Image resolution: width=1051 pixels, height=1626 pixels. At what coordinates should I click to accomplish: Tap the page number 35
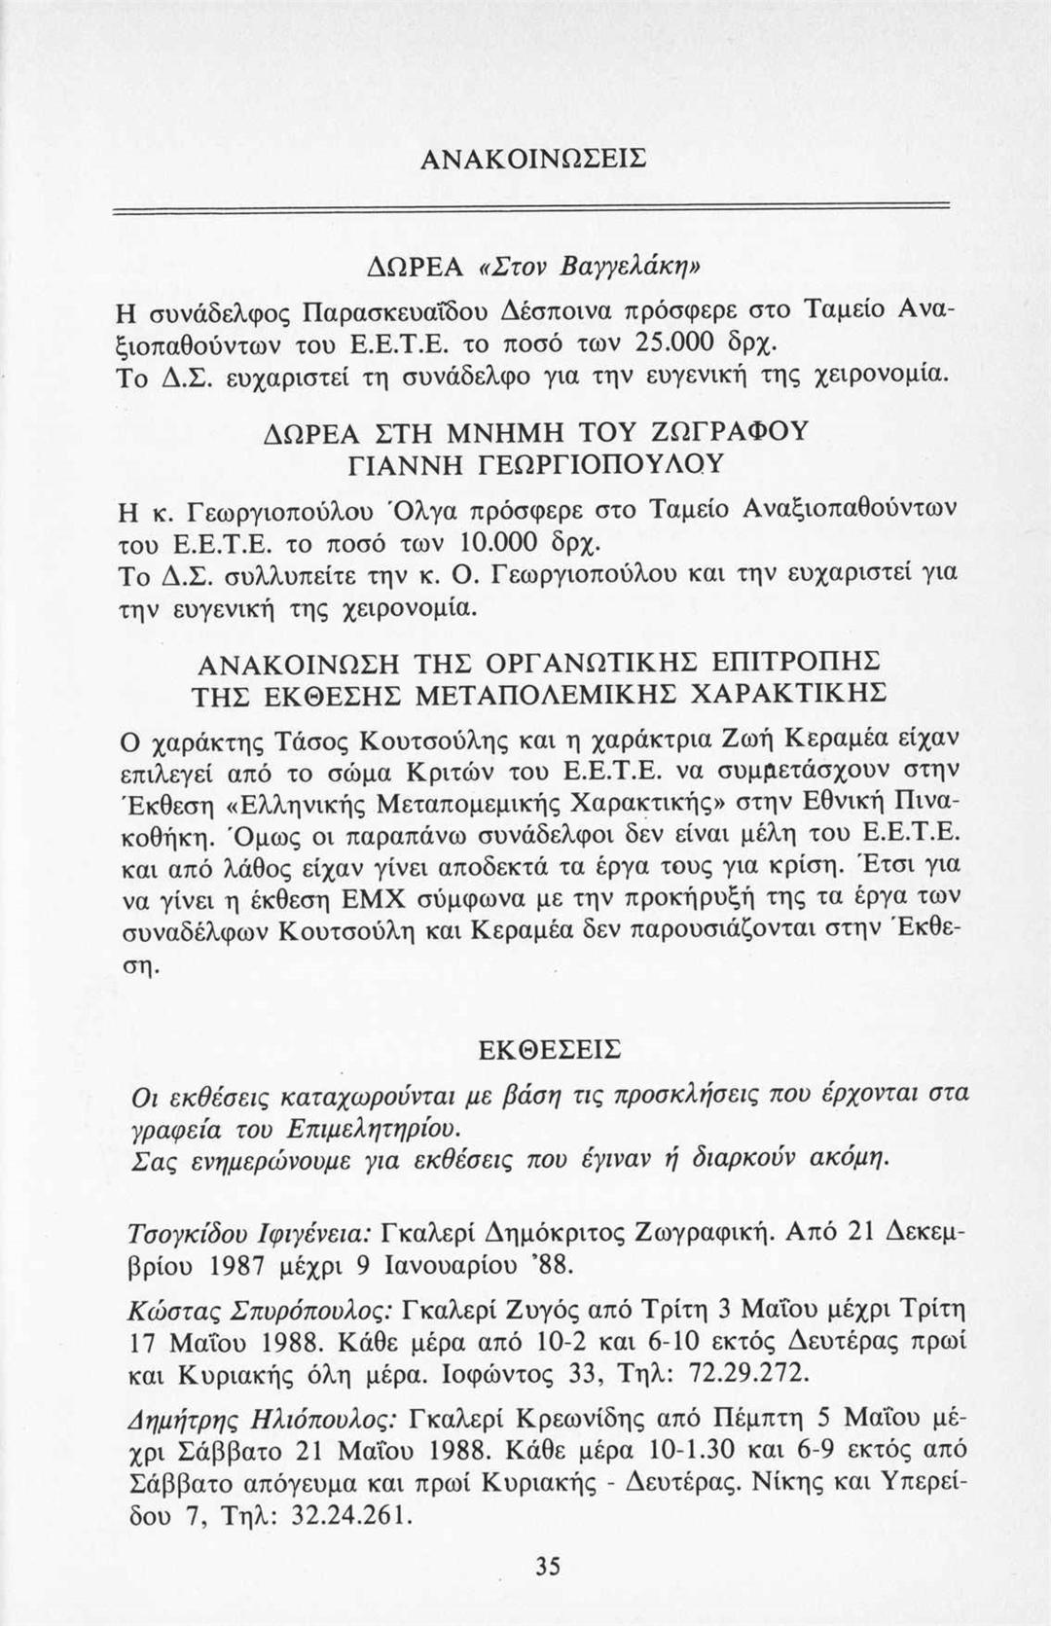click(x=548, y=1566)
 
